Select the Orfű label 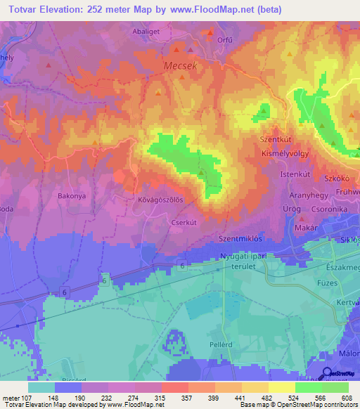tap(224, 39)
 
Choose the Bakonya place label tap(71, 196)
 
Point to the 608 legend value tap(345, 399)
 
